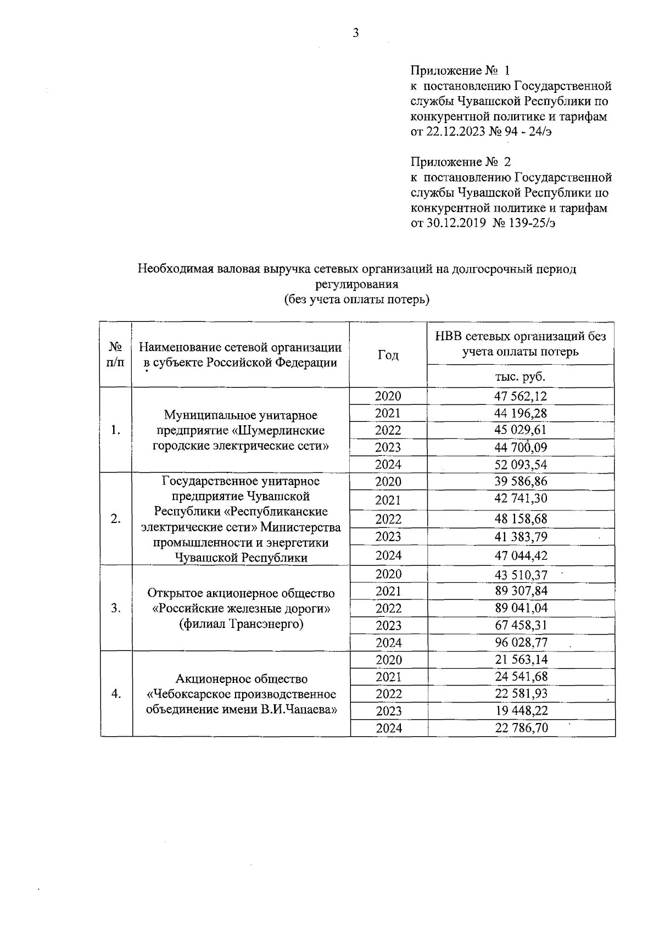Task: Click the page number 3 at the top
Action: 355,34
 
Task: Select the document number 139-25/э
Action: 529,224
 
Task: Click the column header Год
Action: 388,355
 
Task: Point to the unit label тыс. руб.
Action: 520,377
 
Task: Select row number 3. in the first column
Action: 116,608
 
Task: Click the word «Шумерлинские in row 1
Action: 280,430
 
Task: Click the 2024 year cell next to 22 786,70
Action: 388,728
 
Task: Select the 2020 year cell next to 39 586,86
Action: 388,482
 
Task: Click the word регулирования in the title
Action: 356,285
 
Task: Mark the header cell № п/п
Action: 116,355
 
